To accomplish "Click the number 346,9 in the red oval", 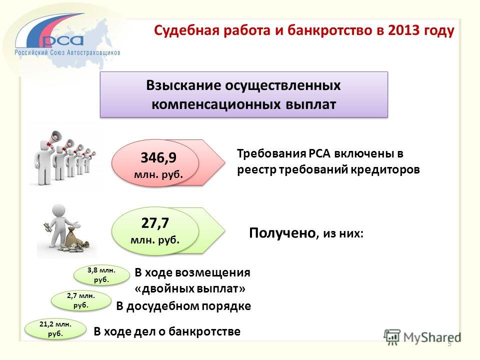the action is pyautogui.click(x=158, y=158).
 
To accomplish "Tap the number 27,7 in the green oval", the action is pyautogui.click(x=155, y=223).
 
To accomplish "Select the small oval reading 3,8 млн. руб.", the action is pyautogui.click(x=101, y=275).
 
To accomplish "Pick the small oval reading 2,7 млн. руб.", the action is pyautogui.click(x=81, y=300).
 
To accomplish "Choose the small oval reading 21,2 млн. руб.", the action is pyautogui.click(x=55, y=329).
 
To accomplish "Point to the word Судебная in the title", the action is pyautogui.click(x=186, y=30).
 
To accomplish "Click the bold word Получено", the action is pyautogui.click(x=282, y=233).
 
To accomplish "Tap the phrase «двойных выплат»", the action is pyautogui.click(x=190, y=288).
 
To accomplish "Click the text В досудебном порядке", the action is pyautogui.click(x=183, y=306).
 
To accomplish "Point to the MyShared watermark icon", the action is pyautogui.click(x=392, y=337).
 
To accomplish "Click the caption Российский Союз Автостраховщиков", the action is pyautogui.click(x=67, y=52).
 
